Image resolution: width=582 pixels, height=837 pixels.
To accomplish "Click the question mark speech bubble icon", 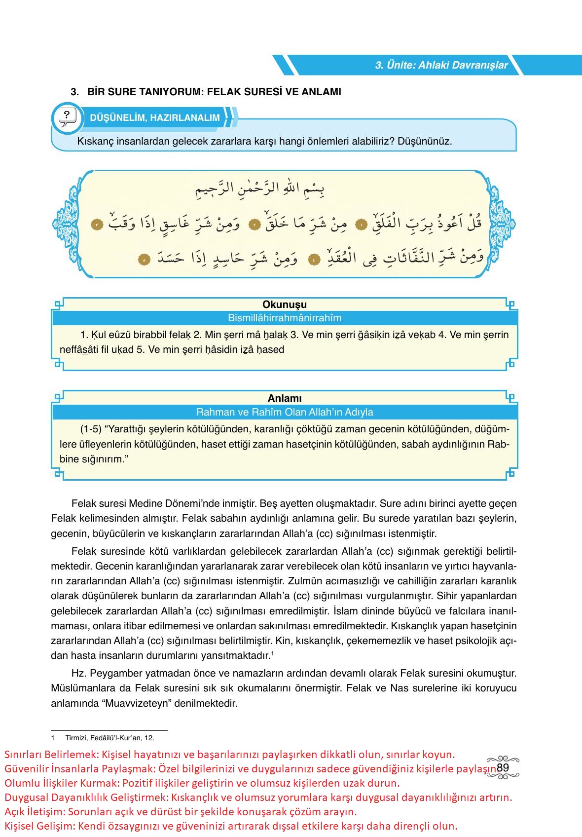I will click(67, 117).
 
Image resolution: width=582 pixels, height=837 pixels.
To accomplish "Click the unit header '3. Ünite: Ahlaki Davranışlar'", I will click(441, 65).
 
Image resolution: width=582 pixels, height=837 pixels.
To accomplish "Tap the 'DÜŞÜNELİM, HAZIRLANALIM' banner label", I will click(154, 118).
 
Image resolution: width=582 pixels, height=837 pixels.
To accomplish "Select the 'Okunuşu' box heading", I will click(285, 304).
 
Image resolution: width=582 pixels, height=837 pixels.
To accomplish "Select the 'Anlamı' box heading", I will click(285, 398).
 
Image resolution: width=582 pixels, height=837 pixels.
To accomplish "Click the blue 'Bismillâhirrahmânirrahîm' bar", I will click(285, 318).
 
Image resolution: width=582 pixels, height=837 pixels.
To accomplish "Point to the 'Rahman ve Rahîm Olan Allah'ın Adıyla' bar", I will click(285, 412).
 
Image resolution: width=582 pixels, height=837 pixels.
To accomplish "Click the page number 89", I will click(503, 767).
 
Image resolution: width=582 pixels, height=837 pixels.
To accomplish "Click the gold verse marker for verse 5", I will click(144, 259).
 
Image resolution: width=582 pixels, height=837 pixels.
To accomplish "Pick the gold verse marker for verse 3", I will click(97, 225).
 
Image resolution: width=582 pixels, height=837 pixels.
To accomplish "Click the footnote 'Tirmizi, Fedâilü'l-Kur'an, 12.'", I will click(109, 738).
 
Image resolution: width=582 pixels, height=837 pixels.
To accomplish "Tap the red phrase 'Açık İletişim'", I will click(34, 811).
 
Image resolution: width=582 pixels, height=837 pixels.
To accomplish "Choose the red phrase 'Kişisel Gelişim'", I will click(39, 826).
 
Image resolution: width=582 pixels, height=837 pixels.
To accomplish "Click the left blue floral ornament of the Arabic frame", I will click(65, 225).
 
